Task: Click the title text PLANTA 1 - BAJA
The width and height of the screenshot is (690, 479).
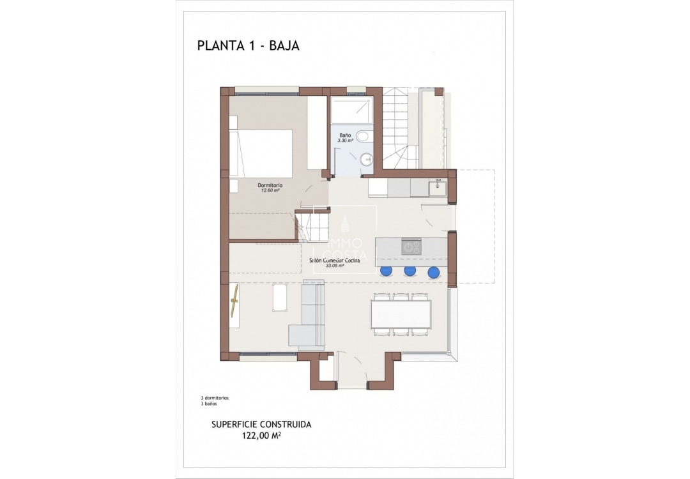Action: [249, 45]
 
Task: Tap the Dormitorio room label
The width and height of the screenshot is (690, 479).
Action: [270, 185]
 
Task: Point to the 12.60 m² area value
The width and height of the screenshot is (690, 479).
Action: [271, 190]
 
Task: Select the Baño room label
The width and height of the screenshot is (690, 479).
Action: [345, 135]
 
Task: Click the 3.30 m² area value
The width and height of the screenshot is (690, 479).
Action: [346, 141]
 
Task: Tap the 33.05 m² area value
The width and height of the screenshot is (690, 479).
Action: [335, 266]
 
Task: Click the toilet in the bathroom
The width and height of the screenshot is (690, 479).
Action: [363, 136]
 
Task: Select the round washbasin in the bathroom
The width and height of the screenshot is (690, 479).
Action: [366, 160]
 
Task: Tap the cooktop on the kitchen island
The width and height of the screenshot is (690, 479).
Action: [411, 247]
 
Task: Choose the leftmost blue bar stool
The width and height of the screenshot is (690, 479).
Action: [386, 271]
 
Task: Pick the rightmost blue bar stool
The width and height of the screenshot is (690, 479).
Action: [434, 272]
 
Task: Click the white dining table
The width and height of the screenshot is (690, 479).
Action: [401, 314]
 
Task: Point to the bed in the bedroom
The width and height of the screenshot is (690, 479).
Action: [262, 153]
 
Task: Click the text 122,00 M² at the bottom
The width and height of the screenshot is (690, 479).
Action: [262, 436]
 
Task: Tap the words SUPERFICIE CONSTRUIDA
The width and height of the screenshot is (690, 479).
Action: [261, 424]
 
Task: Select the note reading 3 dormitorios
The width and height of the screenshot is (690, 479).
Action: [215, 398]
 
